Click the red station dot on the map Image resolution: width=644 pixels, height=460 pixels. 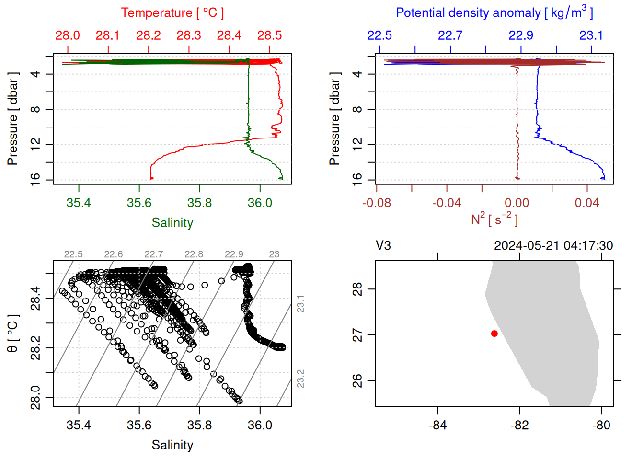[494, 333]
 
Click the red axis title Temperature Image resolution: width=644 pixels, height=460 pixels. [172, 13]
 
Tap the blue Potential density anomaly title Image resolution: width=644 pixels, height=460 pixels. [494, 13]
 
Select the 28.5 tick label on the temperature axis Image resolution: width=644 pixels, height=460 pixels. [269, 35]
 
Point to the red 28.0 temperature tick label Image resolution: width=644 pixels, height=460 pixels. [68, 35]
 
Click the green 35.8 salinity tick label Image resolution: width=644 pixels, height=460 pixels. [199, 203]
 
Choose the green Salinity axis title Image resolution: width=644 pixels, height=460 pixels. [172, 223]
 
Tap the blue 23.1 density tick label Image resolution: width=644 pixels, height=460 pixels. [591, 35]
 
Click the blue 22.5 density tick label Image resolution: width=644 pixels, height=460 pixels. [379, 35]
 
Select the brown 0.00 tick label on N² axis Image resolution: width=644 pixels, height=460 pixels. [517, 203]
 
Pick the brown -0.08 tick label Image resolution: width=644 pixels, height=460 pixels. [376, 203]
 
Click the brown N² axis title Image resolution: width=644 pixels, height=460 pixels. [494, 219]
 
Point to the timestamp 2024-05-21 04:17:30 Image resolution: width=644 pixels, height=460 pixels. [553, 246]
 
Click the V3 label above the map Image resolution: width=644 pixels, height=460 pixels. [383, 246]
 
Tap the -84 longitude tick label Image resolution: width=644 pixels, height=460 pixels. [437, 425]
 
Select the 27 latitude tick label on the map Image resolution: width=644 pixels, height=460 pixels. [357, 335]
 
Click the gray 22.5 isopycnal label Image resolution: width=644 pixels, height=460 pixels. [73, 254]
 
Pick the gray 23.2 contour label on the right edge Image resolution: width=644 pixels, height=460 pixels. [300, 379]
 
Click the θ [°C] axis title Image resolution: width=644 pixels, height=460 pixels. [13, 333]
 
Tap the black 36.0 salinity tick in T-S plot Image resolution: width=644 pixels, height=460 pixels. [260, 425]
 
